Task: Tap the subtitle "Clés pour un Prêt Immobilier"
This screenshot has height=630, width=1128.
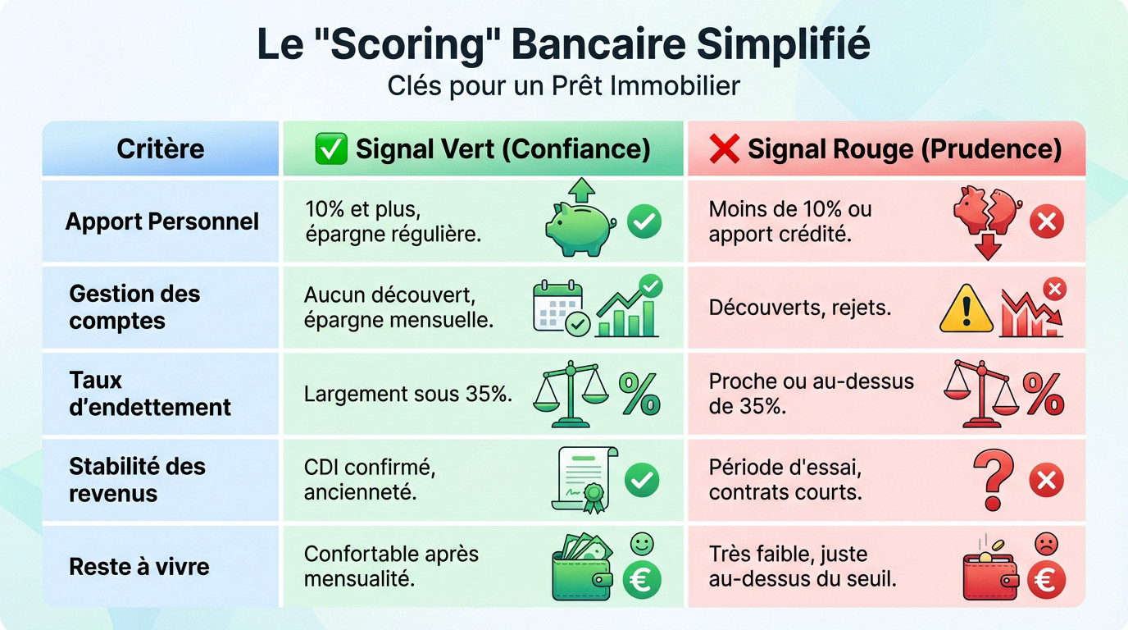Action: tap(563, 85)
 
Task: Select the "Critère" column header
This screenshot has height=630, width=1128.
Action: tap(161, 148)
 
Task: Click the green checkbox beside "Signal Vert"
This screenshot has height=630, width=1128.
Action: tap(331, 148)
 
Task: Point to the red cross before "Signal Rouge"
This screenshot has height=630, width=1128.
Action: tap(725, 148)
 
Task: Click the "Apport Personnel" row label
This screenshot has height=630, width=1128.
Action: tap(162, 221)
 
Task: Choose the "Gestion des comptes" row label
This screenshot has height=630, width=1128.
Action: tap(134, 307)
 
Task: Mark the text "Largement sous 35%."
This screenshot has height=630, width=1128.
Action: tap(408, 394)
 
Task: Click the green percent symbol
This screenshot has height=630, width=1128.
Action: tap(639, 394)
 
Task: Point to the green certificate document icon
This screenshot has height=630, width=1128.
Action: tap(583, 479)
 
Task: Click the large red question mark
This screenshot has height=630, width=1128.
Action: tap(993, 478)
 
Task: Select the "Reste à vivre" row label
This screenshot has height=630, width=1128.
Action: tap(139, 566)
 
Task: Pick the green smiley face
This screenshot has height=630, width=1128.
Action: tap(642, 543)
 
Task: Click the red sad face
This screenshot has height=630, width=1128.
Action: tap(1046, 543)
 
